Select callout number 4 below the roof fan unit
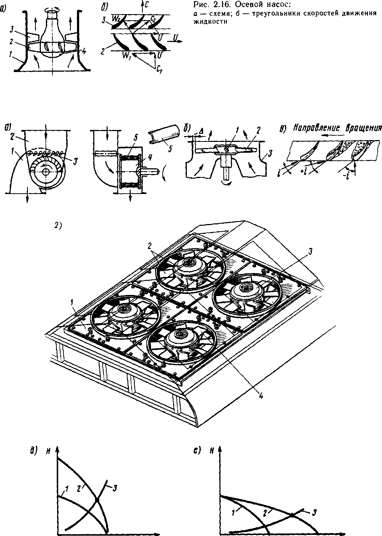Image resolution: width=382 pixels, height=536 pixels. [x=260, y=395]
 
